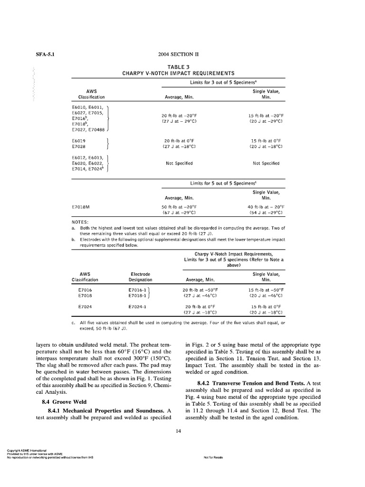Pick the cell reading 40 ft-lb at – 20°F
coord(266,207)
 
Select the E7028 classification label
coord(79,146)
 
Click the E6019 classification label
coord(79,141)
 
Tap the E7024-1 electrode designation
coord(137,307)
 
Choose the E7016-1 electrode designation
coord(137,290)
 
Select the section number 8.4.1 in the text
coord(56,410)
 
